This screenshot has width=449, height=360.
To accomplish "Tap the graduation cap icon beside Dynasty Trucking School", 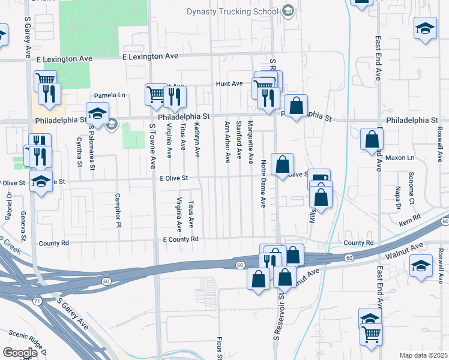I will [289, 11].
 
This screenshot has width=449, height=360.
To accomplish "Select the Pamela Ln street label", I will [109, 95].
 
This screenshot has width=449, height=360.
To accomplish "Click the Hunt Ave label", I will [229, 84].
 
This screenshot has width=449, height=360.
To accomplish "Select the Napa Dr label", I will [398, 199].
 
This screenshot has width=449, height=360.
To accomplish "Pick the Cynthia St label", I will [79, 151].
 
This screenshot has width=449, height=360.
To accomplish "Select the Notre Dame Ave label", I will [263, 184].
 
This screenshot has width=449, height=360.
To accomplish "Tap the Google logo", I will [19, 352].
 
